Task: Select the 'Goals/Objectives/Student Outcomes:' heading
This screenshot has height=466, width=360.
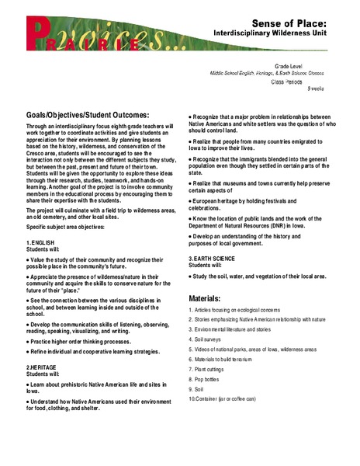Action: click(84, 115)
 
